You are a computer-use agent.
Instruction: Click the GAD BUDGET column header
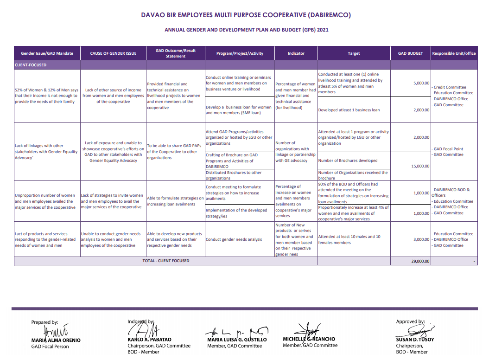(x=410, y=53)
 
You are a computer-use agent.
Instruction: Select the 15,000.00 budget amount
(x=420, y=166)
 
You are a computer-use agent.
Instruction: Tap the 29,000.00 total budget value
(x=420, y=261)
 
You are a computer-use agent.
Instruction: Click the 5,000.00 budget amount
(x=421, y=83)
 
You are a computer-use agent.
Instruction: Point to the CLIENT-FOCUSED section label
(x=31, y=65)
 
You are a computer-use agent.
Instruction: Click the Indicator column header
(x=296, y=53)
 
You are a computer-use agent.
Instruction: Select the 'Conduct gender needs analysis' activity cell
(x=234, y=240)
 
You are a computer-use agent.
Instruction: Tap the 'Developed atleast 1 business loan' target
(x=349, y=110)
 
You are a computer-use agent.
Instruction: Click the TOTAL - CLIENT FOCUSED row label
(x=165, y=261)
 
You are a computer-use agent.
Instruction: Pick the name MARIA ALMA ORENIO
(x=56, y=340)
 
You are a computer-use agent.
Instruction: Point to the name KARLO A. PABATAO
(x=149, y=340)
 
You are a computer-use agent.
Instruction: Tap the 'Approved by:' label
(x=410, y=321)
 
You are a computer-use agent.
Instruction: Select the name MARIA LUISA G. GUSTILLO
(x=237, y=340)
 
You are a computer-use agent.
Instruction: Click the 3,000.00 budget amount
(x=421, y=239)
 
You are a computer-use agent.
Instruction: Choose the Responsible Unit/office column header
(x=453, y=53)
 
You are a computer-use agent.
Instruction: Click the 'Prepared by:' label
(x=44, y=322)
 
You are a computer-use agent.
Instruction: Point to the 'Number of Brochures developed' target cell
(x=348, y=161)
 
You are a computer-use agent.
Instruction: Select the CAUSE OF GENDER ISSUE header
(x=113, y=53)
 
